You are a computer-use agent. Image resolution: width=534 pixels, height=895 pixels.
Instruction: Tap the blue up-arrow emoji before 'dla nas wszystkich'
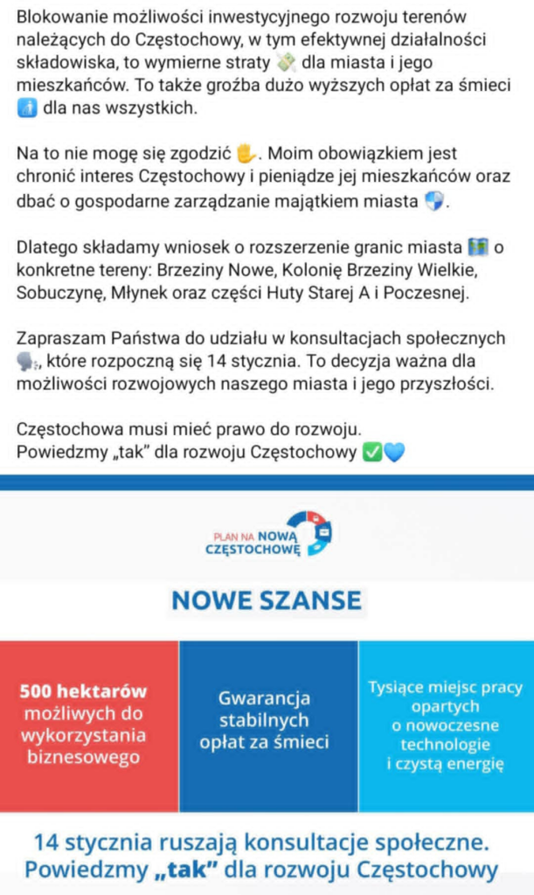click(26, 108)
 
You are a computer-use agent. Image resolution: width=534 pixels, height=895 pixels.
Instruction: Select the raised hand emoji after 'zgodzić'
click(248, 154)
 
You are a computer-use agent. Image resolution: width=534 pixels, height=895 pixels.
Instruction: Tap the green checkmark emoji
click(371, 453)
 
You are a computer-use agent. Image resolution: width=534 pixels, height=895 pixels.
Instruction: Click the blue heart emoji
click(394, 453)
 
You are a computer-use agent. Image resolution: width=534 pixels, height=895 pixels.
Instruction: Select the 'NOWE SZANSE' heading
click(266, 600)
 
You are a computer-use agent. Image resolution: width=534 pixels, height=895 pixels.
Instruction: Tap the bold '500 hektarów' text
click(83, 690)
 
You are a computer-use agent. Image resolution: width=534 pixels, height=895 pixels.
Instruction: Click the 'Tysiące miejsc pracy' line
click(445, 687)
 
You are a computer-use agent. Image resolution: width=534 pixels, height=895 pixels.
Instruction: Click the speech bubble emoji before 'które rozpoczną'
click(27, 362)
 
